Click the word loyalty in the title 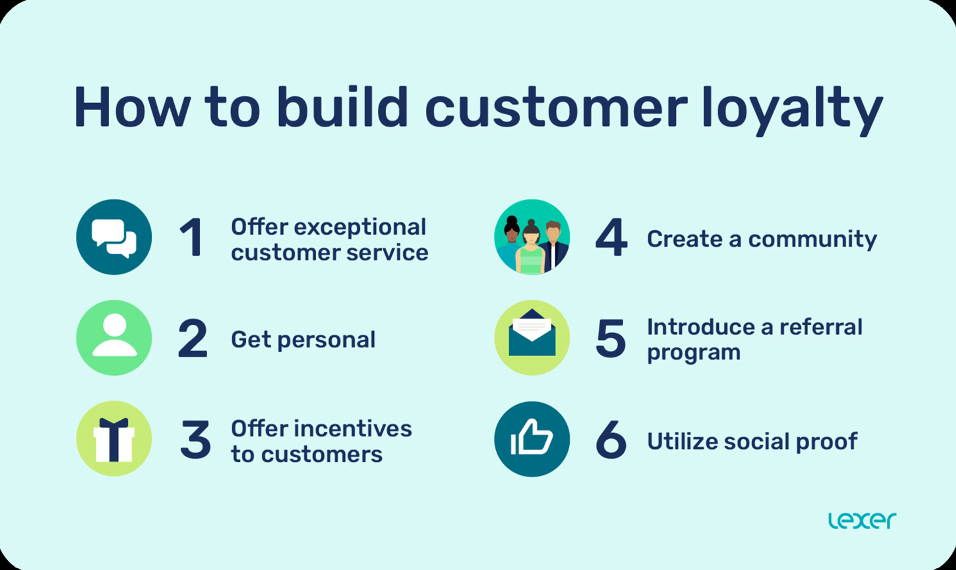point(792,109)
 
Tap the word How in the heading point(132,107)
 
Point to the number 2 point(193,338)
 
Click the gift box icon point(114,439)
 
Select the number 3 point(196,440)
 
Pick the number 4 point(611,237)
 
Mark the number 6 point(611,440)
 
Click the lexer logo point(862,520)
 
